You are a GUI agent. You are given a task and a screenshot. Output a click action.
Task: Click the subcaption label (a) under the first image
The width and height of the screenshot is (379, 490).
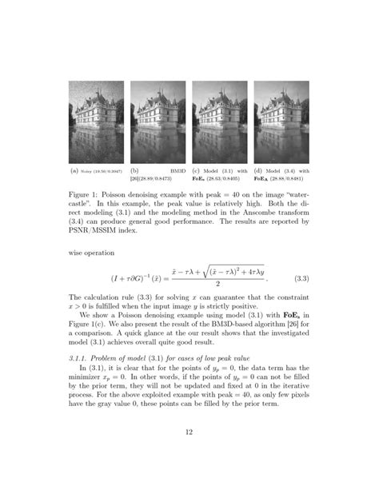click(x=74, y=171)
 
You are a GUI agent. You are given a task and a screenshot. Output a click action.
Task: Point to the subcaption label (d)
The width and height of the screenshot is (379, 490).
click(x=258, y=171)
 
